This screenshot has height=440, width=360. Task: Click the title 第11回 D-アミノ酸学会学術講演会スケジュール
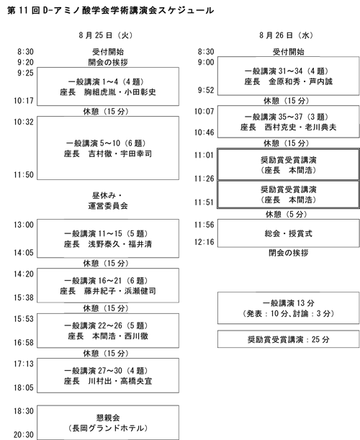pos(110,10)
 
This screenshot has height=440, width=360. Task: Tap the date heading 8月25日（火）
pos(106,35)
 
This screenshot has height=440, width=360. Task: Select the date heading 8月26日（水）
pos(287,35)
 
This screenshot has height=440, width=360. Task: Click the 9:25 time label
pos(25,73)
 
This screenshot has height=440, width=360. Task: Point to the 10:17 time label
pos(24,101)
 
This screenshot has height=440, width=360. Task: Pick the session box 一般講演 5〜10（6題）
pos(108,148)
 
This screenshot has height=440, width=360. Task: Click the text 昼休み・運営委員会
pos(108,201)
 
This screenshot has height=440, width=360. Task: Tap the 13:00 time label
pos(24,225)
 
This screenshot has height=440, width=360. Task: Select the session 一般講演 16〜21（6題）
pos(108,285)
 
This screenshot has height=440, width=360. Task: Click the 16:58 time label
pos(24,343)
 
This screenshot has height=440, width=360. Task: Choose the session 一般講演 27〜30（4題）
pos(108,375)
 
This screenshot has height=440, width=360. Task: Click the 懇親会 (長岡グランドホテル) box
pos(108,422)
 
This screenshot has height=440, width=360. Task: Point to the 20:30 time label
pos(24,435)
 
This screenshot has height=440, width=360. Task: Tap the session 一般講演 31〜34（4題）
pos(289,76)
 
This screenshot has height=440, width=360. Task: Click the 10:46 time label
pos(204,133)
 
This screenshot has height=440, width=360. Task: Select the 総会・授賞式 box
pos(289,233)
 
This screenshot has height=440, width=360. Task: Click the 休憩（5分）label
pos(287,215)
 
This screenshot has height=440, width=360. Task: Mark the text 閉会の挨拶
pos(289,253)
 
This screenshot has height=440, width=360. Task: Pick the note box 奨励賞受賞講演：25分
pos(289,339)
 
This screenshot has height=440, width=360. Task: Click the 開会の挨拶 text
pos(108,62)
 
